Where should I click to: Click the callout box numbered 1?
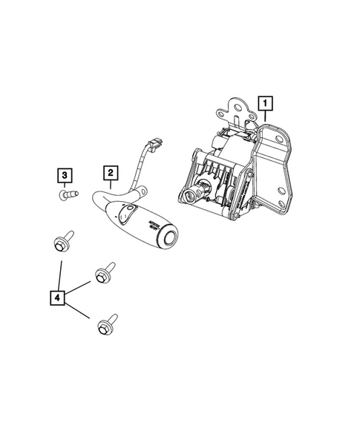coord(264,101)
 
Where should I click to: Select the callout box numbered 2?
coord(109,174)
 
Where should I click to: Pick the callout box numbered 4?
coord(57,297)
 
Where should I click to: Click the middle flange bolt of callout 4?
coord(104,272)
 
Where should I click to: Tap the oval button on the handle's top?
coord(125,216)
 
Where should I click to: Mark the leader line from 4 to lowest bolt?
coord(79,310)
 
